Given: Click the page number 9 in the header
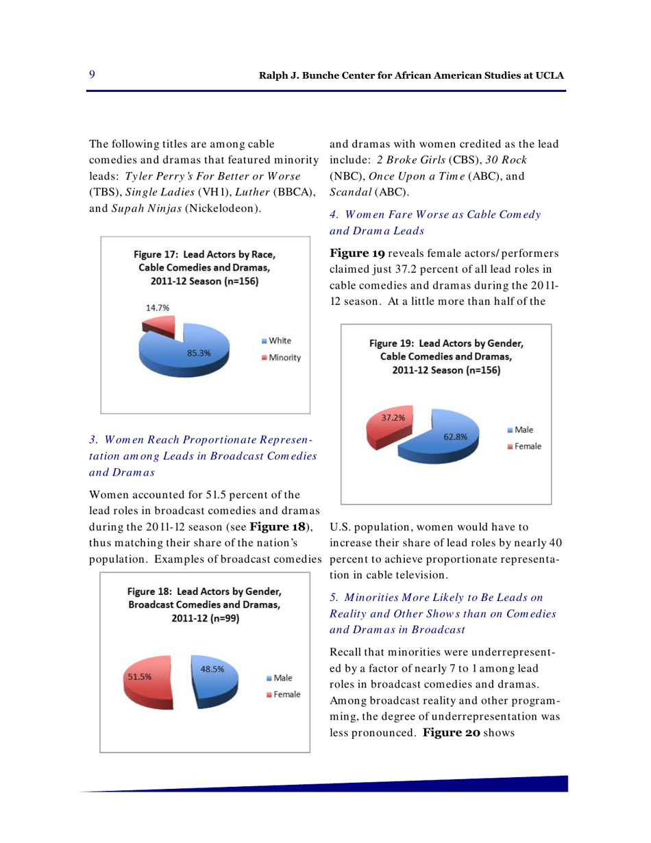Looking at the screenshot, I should (x=92, y=74).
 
